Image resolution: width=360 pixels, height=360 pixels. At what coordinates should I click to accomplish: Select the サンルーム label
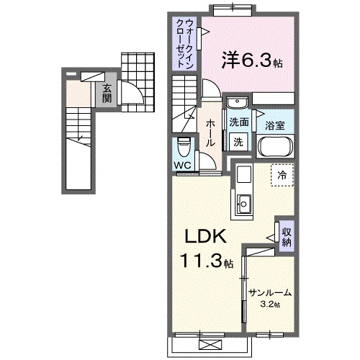[271, 292]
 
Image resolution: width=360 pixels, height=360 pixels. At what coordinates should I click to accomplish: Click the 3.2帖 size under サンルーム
[271, 305]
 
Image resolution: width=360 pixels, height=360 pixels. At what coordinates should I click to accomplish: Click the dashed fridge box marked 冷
[282, 174]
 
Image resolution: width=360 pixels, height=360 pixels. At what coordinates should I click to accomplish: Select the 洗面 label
[239, 122]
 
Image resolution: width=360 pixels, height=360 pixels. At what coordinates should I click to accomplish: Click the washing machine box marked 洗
[238, 143]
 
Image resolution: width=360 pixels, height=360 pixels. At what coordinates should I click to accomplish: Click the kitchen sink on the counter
[245, 204]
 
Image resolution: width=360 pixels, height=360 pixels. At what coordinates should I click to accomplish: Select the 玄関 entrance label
[107, 93]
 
